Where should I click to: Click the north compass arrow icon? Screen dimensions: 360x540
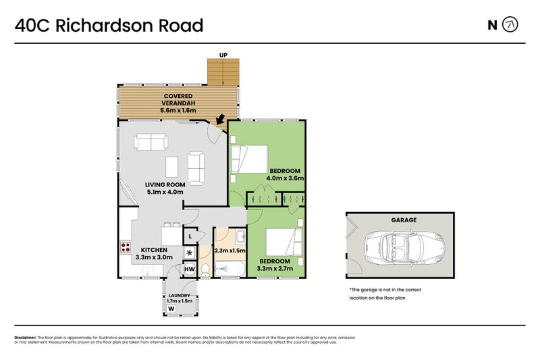coord(510,26)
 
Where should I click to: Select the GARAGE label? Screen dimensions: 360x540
coord(404,220)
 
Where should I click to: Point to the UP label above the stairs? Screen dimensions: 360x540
coord(223,55)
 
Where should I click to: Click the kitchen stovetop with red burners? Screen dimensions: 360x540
coord(125,247)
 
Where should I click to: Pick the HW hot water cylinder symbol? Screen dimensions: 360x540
coord(190,269)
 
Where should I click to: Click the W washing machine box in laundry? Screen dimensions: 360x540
coord(171,309)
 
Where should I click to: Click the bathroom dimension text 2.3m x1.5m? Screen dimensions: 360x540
coord(229,251)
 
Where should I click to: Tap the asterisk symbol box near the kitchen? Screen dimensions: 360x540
coord(190,253)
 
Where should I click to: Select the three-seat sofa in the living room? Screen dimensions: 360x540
coord(151,142)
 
